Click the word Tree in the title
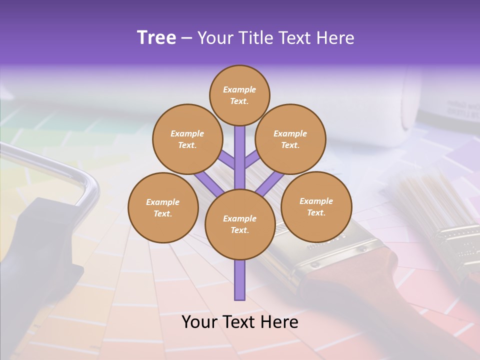coord(156,38)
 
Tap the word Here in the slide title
coord(336,38)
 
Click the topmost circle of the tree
coord(239,95)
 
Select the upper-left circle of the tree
coord(187,139)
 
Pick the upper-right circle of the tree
coord(290,139)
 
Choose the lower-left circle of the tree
coord(163,207)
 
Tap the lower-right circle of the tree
coord(316,206)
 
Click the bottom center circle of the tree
coord(240,224)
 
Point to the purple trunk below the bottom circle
coord(240,280)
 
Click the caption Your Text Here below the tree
coord(240,322)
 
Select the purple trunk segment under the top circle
coord(240,150)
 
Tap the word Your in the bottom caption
coord(199,322)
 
